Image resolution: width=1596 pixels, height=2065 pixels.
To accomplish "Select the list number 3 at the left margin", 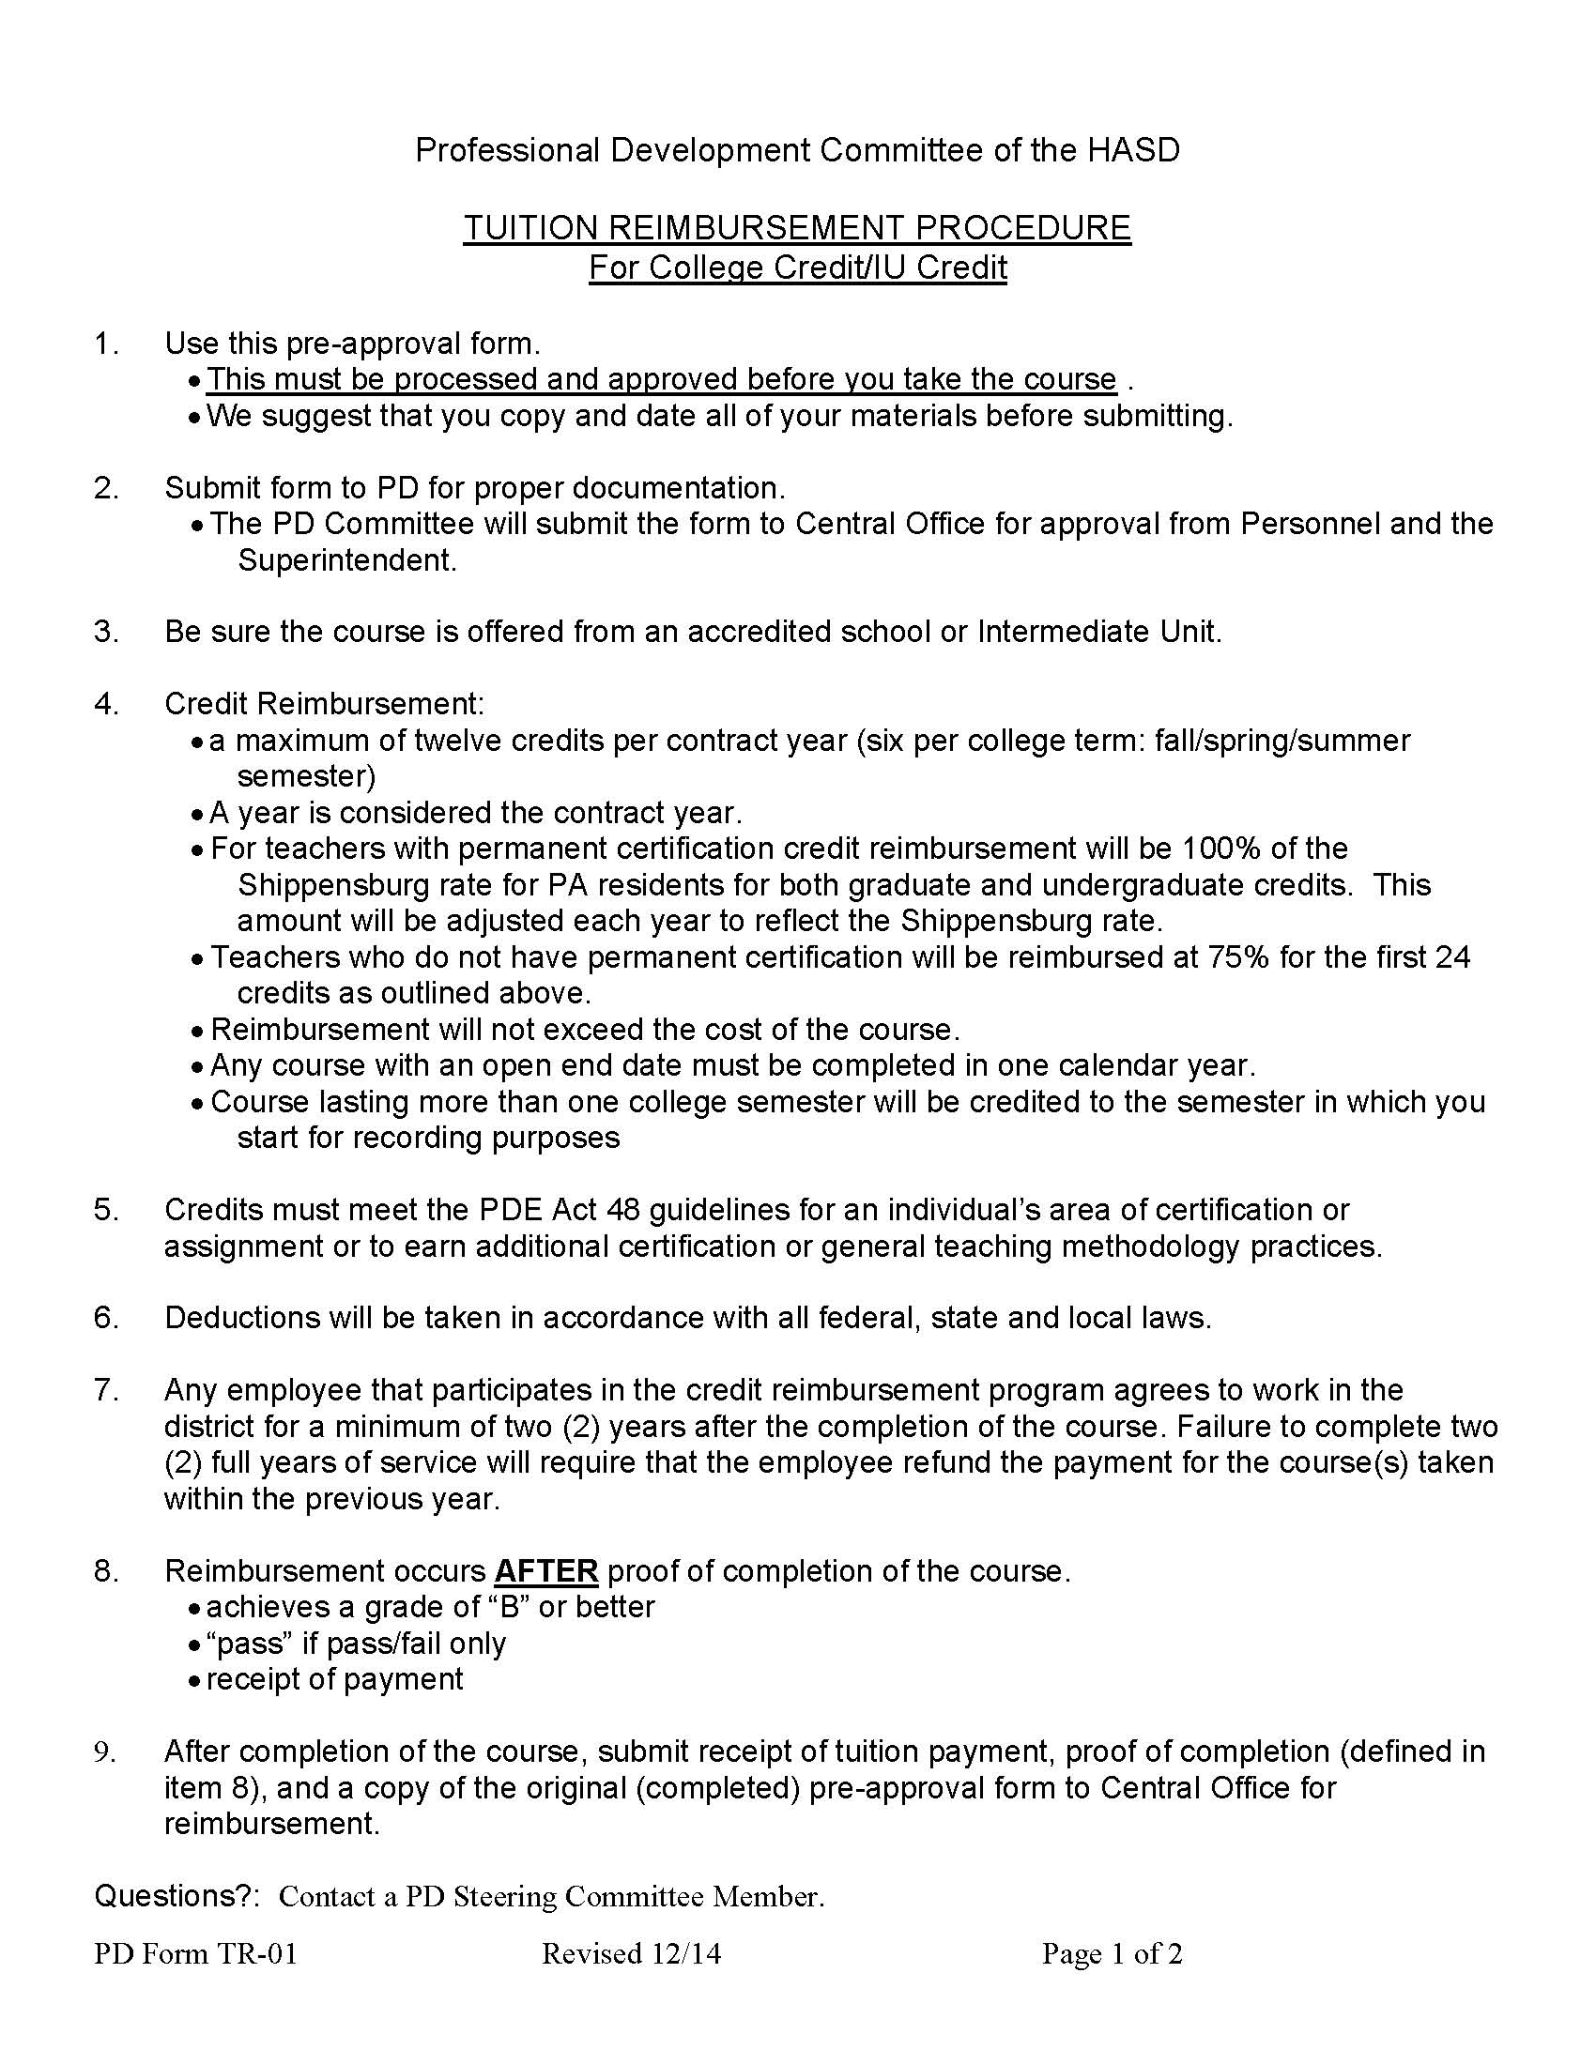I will [x=106, y=631].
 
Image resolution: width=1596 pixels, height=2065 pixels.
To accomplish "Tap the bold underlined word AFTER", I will [x=545, y=1570].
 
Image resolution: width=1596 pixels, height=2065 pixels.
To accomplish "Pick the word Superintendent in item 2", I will [x=347, y=559].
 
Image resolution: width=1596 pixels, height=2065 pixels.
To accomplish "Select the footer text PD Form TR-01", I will [x=195, y=1953].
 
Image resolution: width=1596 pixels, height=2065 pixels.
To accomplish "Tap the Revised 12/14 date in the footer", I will [x=631, y=1953].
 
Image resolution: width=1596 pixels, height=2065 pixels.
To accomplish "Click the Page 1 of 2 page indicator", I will [x=1112, y=1953].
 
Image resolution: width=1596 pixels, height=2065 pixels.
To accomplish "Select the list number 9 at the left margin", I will [x=105, y=1752].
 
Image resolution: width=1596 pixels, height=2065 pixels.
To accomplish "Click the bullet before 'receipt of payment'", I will [x=194, y=1681].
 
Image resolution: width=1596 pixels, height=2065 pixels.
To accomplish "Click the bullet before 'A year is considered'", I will [x=196, y=814].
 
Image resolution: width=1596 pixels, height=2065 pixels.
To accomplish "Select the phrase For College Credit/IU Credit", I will [x=797, y=268].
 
